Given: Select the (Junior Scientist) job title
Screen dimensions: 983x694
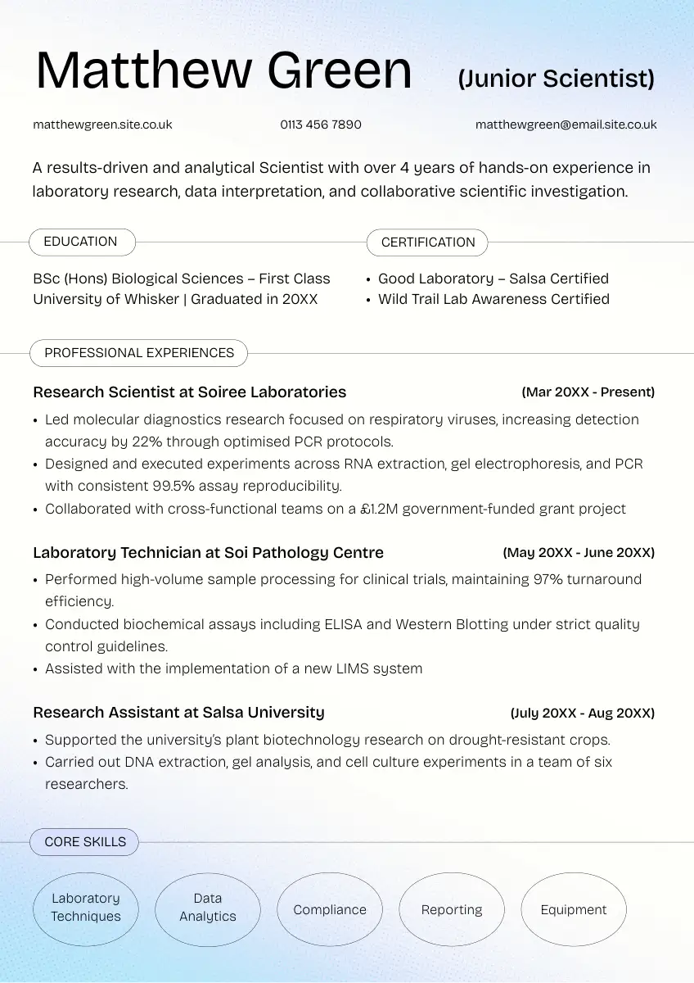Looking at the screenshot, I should [x=557, y=79].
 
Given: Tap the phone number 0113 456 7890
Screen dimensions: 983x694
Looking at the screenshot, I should [x=321, y=125].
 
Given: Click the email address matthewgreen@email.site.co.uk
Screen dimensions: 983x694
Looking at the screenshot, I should [x=566, y=125].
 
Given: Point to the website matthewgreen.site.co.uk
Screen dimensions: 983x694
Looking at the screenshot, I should [x=102, y=125].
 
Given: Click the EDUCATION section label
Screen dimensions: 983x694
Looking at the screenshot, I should [x=81, y=242].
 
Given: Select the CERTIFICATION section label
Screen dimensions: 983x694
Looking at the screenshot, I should [x=428, y=242].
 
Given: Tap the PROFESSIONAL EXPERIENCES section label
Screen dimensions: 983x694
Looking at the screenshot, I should [x=139, y=353].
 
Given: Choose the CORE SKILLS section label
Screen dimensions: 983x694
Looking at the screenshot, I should [x=85, y=842].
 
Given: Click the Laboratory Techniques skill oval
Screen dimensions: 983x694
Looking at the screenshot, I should [x=85, y=908].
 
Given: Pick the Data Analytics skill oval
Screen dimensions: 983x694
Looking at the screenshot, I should [x=208, y=908].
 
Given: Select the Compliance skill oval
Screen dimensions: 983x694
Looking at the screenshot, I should [x=330, y=909].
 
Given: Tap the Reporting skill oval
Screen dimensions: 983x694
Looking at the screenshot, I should [x=452, y=909].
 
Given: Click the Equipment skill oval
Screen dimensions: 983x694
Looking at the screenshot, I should [x=574, y=909].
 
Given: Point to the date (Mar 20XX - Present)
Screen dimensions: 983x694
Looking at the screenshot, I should [x=588, y=392].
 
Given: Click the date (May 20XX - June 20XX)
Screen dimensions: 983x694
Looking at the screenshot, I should [x=579, y=553].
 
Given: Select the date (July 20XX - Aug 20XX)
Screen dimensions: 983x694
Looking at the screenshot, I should [x=583, y=713].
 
